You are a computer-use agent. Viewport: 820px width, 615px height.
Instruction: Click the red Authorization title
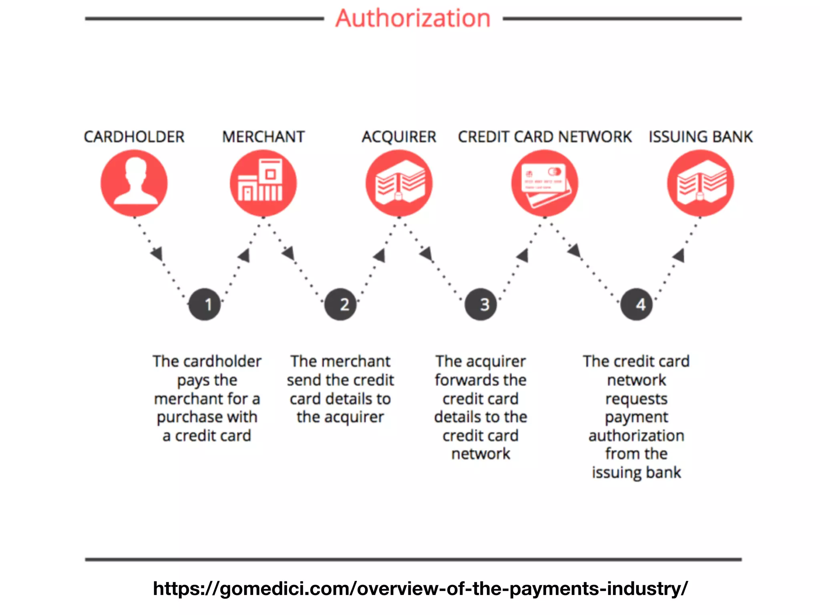(x=413, y=18)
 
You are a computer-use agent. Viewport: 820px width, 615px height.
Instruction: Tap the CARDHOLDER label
(x=134, y=137)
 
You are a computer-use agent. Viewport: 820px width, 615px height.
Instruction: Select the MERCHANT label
(x=263, y=137)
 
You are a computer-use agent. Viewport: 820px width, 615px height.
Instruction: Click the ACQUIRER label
(x=399, y=137)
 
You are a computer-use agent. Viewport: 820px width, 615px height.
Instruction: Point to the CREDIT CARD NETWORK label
(x=545, y=137)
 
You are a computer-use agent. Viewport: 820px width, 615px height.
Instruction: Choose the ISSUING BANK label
(x=701, y=137)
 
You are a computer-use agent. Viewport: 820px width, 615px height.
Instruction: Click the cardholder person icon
(x=134, y=183)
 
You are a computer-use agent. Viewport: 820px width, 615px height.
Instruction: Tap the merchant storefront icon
(x=263, y=183)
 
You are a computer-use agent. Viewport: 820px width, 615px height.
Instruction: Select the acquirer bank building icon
(x=399, y=183)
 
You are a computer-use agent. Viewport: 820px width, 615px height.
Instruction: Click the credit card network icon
(x=545, y=183)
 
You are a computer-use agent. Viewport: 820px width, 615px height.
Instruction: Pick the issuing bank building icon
(x=701, y=183)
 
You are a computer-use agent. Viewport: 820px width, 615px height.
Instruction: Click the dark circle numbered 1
(x=205, y=304)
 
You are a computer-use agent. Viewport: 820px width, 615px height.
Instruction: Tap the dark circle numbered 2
(x=341, y=304)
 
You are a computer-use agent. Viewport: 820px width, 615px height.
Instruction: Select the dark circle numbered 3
(x=481, y=304)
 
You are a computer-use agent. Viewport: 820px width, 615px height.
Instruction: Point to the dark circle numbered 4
(x=637, y=304)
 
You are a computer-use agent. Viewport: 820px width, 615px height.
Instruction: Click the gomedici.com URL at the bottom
(x=420, y=589)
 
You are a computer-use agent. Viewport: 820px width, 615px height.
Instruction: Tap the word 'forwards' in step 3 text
(x=459, y=380)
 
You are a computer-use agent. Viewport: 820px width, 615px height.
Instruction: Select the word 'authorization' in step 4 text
(x=636, y=436)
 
